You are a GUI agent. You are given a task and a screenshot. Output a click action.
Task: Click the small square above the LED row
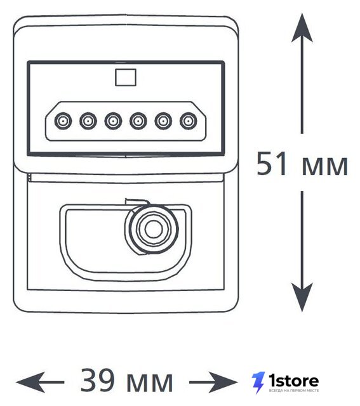click(126, 77)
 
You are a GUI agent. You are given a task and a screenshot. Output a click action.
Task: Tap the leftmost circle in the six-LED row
click(63, 121)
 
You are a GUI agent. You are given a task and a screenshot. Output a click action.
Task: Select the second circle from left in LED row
click(88, 121)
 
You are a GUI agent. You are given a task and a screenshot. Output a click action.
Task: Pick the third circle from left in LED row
click(113, 121)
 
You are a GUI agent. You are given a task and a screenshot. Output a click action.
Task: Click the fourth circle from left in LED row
click(138, 121)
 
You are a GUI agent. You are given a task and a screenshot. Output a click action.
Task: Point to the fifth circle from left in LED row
click(164, 121)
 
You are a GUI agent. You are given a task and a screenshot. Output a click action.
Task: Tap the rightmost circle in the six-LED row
click(189, 121)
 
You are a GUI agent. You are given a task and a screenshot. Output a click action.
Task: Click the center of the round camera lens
click(154, 229)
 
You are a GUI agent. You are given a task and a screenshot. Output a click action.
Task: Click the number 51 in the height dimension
click(272, 164)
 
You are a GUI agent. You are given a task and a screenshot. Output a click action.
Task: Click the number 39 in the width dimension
click(97, 381)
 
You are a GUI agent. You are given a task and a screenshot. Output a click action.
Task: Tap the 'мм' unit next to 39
click(150, 383)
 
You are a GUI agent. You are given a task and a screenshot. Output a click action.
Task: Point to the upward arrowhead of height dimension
click(302, 28)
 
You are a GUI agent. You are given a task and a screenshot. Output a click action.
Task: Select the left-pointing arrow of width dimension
click(40, 382)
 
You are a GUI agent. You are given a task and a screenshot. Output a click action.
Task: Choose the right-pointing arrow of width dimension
click(213, 382)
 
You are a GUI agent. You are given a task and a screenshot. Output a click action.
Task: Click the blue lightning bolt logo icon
click(258, 383)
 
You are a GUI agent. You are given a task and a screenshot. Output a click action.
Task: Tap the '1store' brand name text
click(293, 381)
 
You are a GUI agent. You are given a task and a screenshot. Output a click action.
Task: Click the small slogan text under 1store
click(294, 390)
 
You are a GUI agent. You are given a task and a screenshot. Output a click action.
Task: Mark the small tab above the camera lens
click(137, 202)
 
